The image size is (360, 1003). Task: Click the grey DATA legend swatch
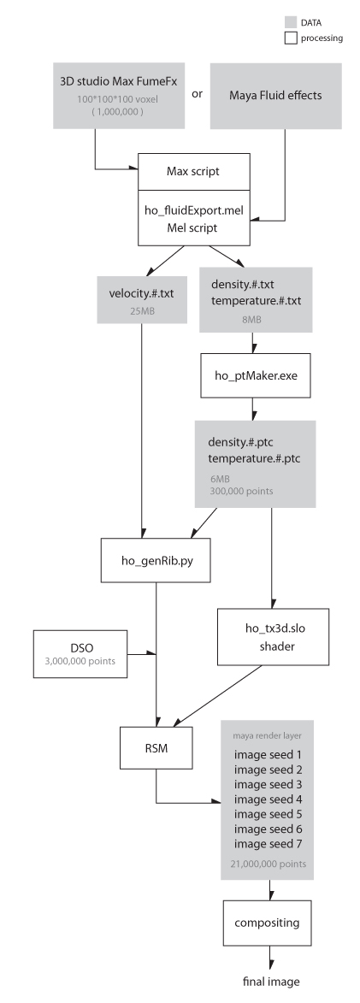pyautogui.click(x=291, y=23)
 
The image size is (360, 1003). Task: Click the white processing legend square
pyautogui.click(x=291, y=38)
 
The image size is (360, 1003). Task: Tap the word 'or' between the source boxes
pyautogui.click(x=197, y=93)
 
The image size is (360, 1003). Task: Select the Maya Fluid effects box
pyautogui.click(x=275, y=96)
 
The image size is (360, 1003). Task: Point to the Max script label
pyautogui.click(x=193, y=171)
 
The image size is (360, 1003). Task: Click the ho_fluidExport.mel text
pyautogui.click(x=195, y=210)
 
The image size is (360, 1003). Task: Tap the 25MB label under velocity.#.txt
pyautogui.click(x=142, y=310)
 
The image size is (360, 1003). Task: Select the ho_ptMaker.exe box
pyautogui.click(x=256, y=375)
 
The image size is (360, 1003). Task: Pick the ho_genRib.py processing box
pyautogui.click(x=156, y=560)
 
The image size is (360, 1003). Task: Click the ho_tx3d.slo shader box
pyautogui.click(x=274, y=637)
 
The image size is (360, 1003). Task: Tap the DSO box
pyautogui.click(x=80, y=654)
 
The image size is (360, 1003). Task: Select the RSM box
pyautogui.click(x=156, y=747)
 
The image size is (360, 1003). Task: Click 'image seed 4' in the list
pyautogui.click(x=268, y=799)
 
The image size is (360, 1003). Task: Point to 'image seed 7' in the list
pyautogui.click(x=268, y=844)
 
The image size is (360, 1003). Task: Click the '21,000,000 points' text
pyautogui.click(x=269, y=864)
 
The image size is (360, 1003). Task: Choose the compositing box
pyautogui.click(x=268, y=923)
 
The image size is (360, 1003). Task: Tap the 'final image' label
pyautogui.click(x=271, y=982)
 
